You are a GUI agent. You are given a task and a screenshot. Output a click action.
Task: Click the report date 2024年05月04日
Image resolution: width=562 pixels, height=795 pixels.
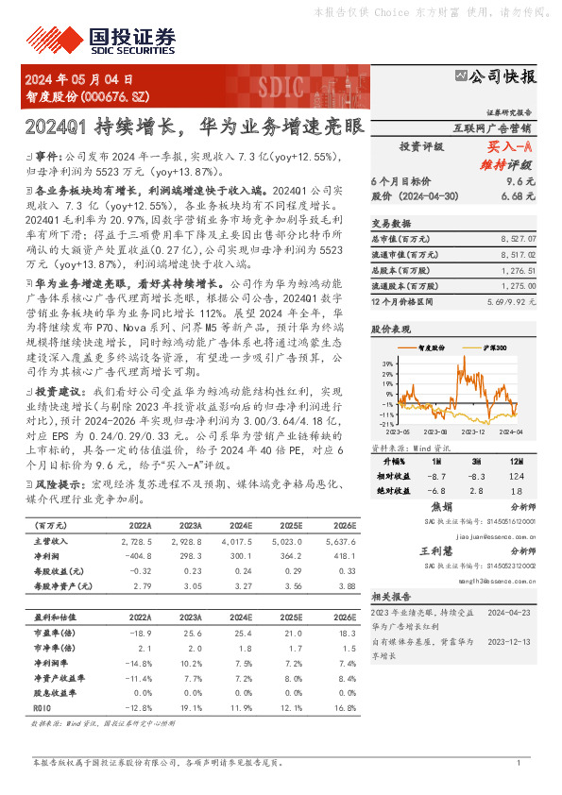pyautogui.click(x=79, y=81)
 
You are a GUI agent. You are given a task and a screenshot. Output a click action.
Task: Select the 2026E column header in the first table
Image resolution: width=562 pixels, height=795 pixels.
pyautogui.click(x=346, y=526)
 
